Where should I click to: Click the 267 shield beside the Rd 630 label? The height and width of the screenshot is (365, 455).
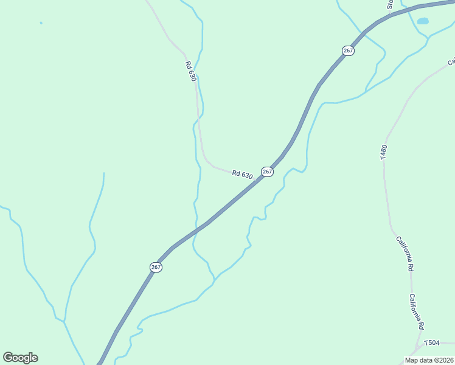tap(267, 172)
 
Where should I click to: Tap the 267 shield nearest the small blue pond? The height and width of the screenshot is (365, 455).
tap(348, 50)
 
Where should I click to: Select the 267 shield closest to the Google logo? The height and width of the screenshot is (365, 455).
tap(156, 267)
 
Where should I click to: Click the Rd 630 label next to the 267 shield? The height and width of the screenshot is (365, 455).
tap(242, 174)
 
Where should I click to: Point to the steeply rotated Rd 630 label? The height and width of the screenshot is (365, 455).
tap(192, 72)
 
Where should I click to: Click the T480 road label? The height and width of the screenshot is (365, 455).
tap(383, 152)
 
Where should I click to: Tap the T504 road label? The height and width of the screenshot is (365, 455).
tap(432, 343)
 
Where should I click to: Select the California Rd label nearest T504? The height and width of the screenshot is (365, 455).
tap(416, 311)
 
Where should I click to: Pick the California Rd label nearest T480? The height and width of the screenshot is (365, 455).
tap(405, 254)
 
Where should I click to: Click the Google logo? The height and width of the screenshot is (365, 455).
tap(20, 358)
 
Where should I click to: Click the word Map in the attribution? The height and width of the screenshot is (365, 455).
tap(412, 360)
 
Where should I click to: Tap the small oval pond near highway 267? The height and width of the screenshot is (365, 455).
tap(423, 21)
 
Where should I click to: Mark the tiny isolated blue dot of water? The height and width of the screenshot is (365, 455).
tap(41, 23)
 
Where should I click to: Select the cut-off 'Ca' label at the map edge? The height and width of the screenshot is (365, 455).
tap(451, 61)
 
